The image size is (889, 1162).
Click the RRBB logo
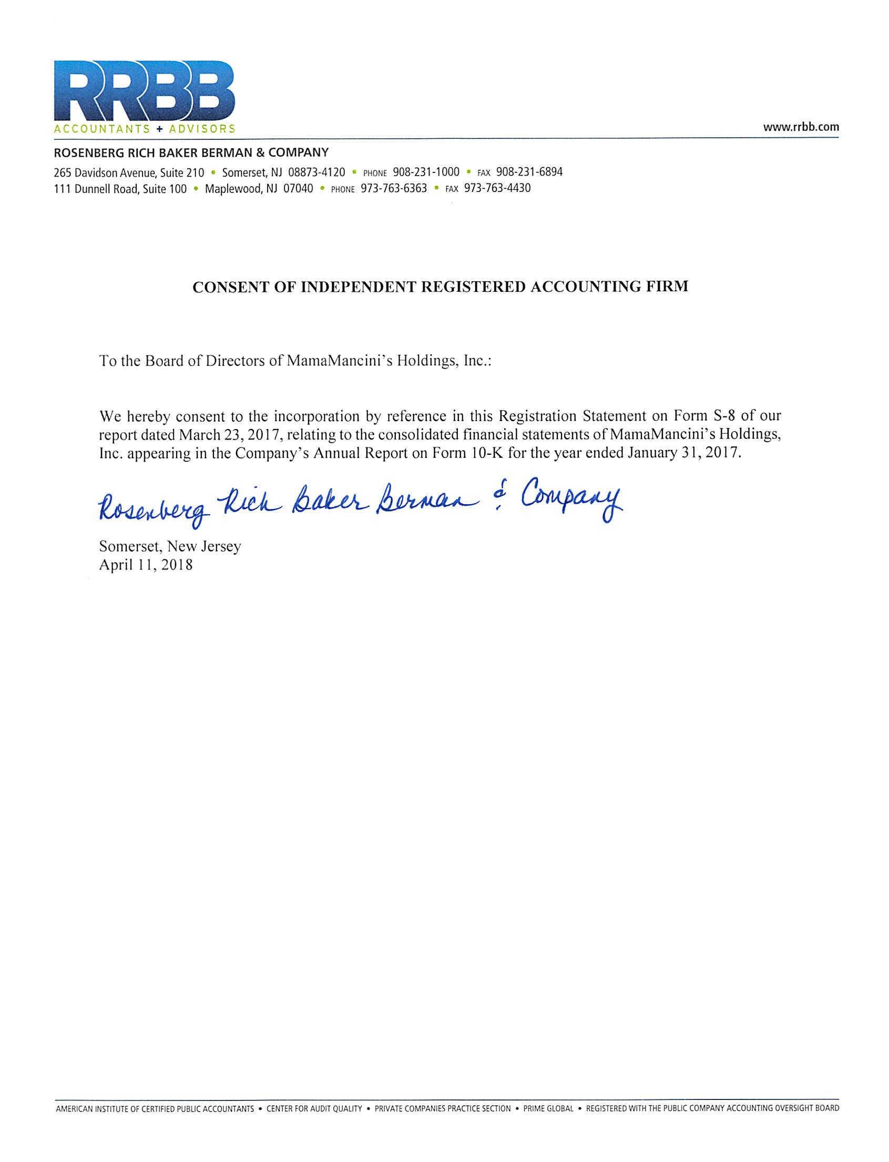pyautogui.click(x=145, y=90)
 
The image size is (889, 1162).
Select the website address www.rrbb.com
pyautogui.click(x=801, y=128)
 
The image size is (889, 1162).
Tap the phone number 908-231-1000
pyautogui.click(x=426, y=172)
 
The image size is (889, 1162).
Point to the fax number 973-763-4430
pyautogui.click(x=497, y=188)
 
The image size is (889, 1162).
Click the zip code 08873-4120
pyautogui.click(x=316, y=172)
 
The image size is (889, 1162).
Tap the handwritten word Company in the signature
pyautogui.click(x=571, y=499)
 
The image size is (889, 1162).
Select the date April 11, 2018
pyautogui.click(x=146, y=565)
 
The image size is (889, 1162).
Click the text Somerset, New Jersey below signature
pyautogui.click(x=170, y=547)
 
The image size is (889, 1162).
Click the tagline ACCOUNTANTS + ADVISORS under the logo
pyautogui.click(x=145, y=129)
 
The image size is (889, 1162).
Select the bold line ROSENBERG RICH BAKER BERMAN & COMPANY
pyautogui.click(x=191, y=153)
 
